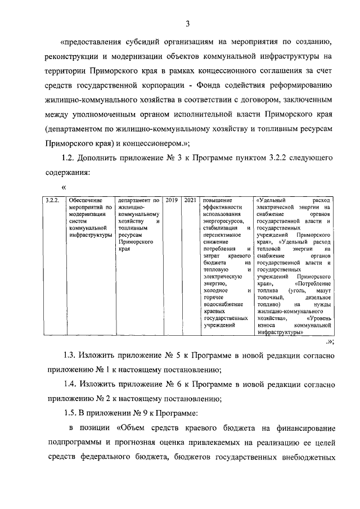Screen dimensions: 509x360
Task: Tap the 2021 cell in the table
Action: tap(190, 200)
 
